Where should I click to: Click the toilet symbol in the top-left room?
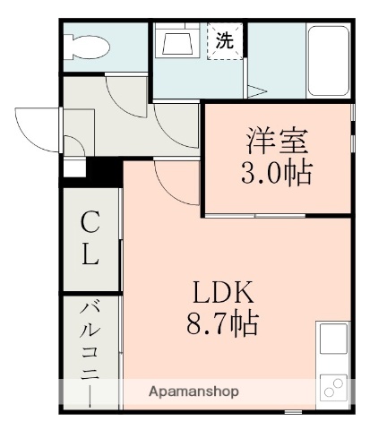[x=87, y=46]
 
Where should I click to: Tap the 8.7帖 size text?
[x=222, y=322]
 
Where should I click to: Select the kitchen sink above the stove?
[x=333, y=340]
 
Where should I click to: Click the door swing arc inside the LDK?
[x=175, y=184]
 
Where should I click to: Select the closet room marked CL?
[x=90, y=240]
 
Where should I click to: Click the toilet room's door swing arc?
[x=121, y=99]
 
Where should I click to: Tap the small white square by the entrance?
[x=71, y=168]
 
